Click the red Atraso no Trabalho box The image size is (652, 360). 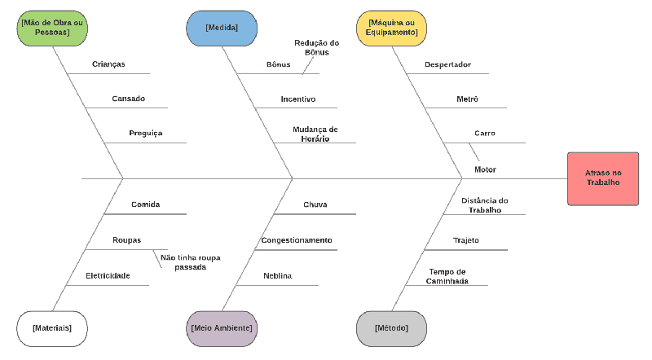pyautogui.click(x=602, y=178)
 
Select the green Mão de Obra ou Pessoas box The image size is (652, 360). pyautogui.click(x=52, y=27)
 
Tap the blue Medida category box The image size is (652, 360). pyautogui.click(x=222, y=27)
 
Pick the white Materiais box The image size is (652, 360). pyautogui.click(x=52, y=327)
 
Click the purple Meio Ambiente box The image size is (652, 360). pyautogui.click(x=222, y=327)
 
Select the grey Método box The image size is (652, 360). pyautogui.click(x=392, y=327)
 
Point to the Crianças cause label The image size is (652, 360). pyautogui.click(x=108, y=64)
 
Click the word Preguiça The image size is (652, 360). pyautogui.click(x=146, y=133)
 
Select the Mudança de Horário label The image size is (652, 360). pyautogui.click(x=315, y=134)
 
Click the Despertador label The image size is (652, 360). pyautogui.click(x=447, y=64)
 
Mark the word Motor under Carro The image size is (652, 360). pyautogui.click(x=485, y=169)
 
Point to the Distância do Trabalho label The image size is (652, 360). pyautogui.click(x=484, y=204)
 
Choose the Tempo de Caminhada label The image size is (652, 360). pyautogui.click(x=447, y=275)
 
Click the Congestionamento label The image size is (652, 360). pyautogui.click(x=297, y=240)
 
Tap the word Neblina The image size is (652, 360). pyautogui.click(x=278, y=276)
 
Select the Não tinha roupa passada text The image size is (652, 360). pyautogui.click(x=190, y=261)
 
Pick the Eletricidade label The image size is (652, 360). pyautogui.click(x=108, y=275)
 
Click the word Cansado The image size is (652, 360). pyautogui.click(x=128, y=99)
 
